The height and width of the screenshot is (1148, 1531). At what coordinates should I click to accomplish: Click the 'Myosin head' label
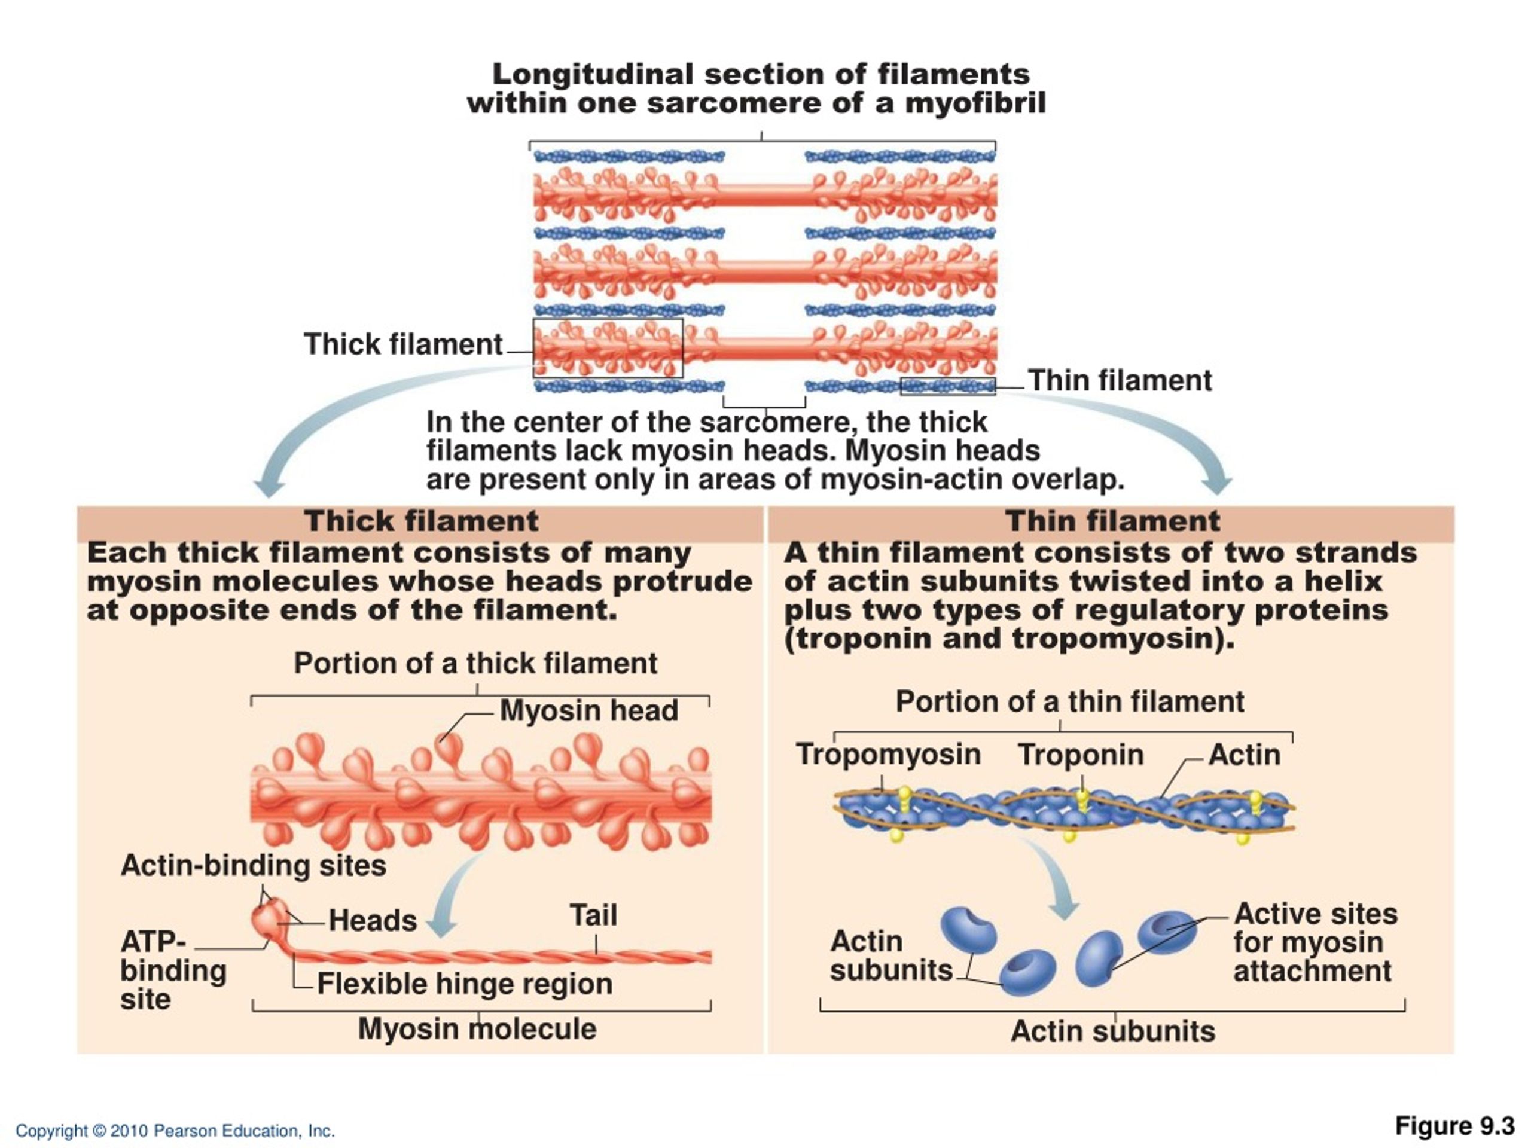(x=589, y=711)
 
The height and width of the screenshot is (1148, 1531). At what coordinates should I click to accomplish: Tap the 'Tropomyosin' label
(x=889, y=754)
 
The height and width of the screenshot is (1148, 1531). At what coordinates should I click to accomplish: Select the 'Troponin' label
(x=1081, y=754)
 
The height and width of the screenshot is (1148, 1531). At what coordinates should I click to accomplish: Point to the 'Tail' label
(x=593, y=915)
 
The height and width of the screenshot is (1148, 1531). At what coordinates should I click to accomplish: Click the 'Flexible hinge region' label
(x=465, y=984)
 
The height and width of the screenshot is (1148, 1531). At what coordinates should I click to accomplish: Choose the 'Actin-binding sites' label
(x=254, y=866)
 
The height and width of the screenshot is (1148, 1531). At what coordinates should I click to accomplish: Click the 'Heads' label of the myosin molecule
(x=373, y=921)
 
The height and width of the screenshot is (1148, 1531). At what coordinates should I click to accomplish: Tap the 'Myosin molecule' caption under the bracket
(x=477, y=1029)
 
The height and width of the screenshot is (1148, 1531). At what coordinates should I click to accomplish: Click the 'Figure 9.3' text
(x=1455, y=1126)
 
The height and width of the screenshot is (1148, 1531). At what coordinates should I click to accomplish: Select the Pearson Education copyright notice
(x=175, y=1131)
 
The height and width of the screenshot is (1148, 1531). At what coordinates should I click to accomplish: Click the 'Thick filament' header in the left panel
(x=421, y=521)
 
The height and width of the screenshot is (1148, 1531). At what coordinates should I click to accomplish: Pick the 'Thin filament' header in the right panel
(x=1113, y=521)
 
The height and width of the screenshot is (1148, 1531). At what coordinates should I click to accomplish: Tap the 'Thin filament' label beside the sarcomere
(x=1120, y=381)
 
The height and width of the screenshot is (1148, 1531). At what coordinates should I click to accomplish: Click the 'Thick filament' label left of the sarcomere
(x=403, y=344)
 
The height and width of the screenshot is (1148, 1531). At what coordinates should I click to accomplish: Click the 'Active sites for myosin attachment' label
(x=1315, y=942)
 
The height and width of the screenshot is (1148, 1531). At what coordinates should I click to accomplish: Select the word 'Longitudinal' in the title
(x=593, y=74)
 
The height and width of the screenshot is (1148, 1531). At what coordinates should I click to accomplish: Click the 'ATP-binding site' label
(x=173, y=970)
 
